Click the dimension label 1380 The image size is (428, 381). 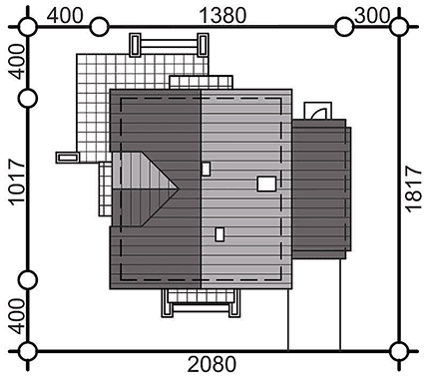(222, 16)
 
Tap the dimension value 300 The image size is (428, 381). (372, 15)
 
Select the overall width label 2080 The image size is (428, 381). (212, 364)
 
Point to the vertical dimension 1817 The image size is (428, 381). (413, 189)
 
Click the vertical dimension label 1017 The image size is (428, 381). (16, 182)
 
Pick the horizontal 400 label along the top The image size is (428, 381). (64, 16)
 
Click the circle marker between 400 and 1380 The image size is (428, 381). (100, 27)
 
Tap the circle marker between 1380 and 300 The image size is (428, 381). (344, 27)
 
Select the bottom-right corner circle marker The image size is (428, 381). (399, 351)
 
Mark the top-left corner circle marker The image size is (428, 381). (28, 27)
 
